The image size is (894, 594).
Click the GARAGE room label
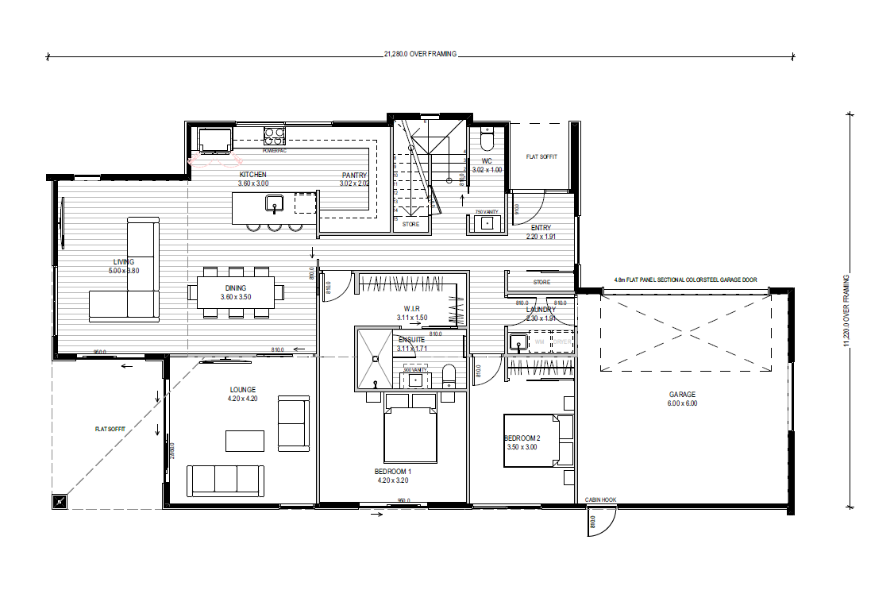(x=681, y=395)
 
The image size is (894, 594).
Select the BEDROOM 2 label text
(x=522, y=438)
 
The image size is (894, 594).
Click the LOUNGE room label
(x=243, y=390)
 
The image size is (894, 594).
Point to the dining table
(x=236, y=292)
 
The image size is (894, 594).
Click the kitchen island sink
(x=275, y=203)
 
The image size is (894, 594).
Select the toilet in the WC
(x=487, y=141)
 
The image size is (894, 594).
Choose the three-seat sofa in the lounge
(x=225, y=480)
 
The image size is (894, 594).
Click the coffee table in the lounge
(x=245, y=441)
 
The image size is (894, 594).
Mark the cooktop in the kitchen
(x=275, y=135)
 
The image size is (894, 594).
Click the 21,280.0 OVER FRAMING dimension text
(x=420, y=55)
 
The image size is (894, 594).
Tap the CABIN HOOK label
(x=600, y=500)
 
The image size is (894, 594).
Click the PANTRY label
(x=354, y=175)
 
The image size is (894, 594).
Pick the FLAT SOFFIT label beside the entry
(x=541, y=157)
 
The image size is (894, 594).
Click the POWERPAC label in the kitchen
(x=274, y=149)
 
